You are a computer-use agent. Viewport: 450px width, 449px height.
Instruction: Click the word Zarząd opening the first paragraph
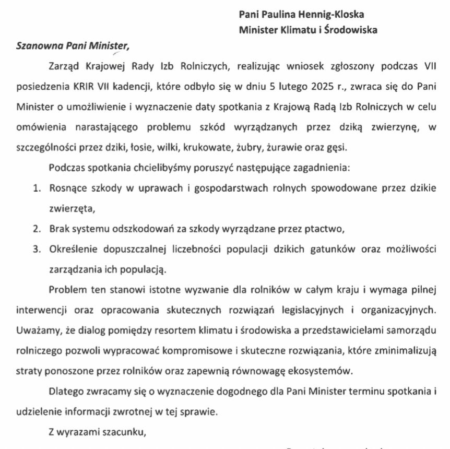[64, 66]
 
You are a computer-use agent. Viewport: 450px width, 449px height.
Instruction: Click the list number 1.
[37, 188]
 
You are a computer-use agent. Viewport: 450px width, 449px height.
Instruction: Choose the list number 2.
[37, 229]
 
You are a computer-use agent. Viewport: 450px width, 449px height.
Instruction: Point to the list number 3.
[37, 250]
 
